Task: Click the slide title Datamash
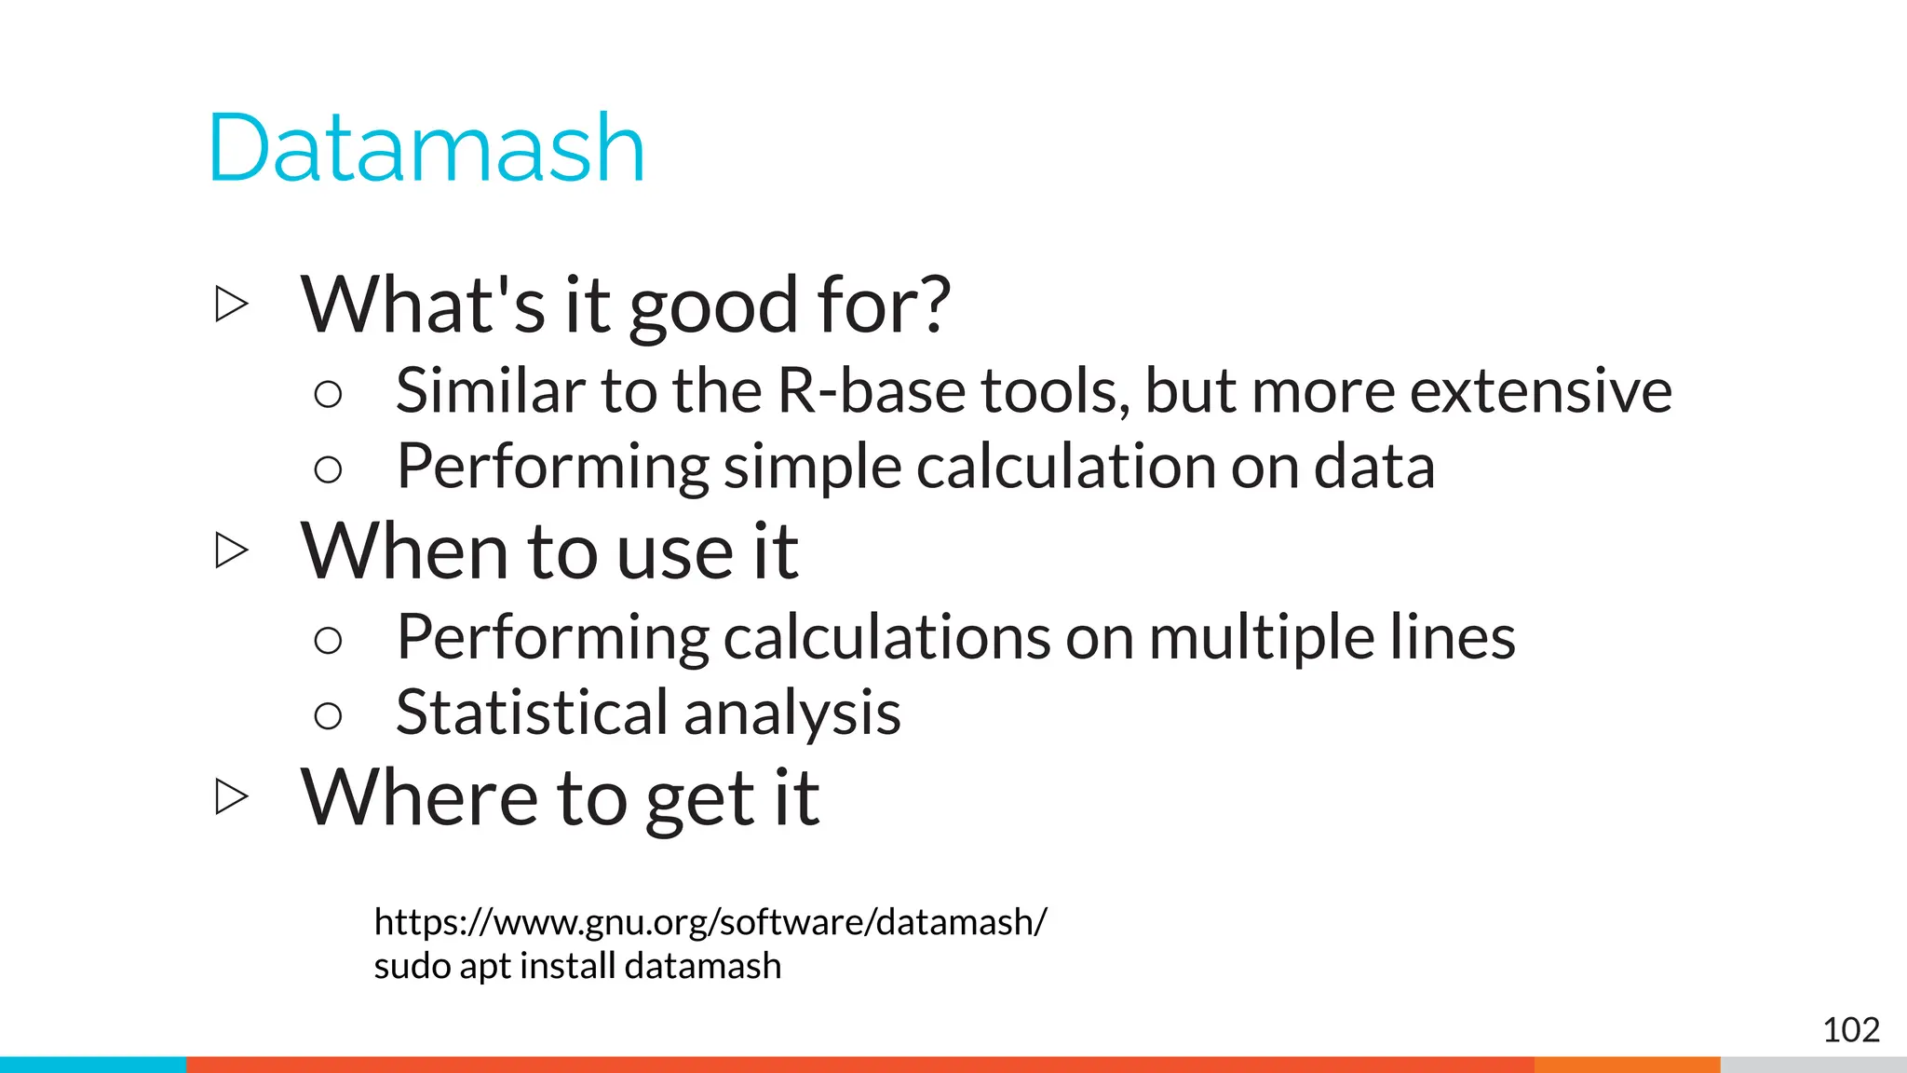[426, 149]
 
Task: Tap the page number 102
[1850, 1030]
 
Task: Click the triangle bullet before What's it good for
[231, 305]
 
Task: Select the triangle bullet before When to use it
[231, 550]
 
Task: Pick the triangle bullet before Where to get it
[231, 796]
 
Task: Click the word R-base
[871, 391]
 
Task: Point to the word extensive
[1540, 391]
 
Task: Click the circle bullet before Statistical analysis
[328, 715]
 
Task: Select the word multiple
[1261, 639]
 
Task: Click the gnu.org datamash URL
[710, 922]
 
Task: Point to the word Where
[419, 797]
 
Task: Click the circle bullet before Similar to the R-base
[328, 394]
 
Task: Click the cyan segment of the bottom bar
[93, 1065]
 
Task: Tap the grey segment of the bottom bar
[1813, 1065]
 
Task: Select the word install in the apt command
[567, 966]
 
